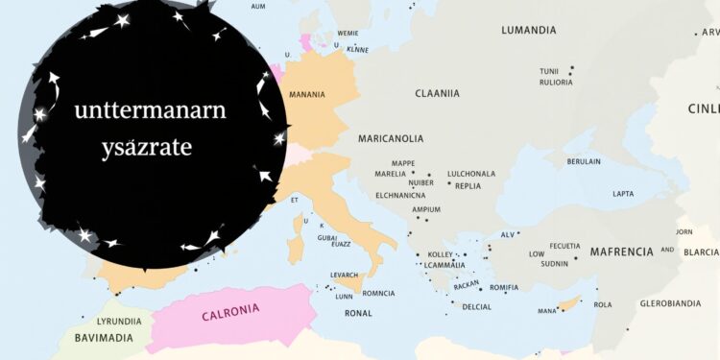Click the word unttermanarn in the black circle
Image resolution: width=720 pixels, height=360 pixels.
pyautogui.click(x=151, y=110)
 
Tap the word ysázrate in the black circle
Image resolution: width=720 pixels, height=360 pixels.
pyautogui.click(x=146, y=148)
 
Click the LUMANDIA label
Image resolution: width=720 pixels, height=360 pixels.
pyautogui.click(x=528, y=31)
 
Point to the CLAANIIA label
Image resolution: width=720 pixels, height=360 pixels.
pyautogui.click(x=437, y=93)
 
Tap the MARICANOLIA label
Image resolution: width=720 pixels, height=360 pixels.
pyautogui.click(x=391, y=138)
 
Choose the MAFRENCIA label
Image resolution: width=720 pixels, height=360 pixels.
pyautogui.click(x=621, y=252)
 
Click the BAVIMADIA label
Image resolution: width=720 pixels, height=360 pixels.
pyautogui.click(x=105, y=338)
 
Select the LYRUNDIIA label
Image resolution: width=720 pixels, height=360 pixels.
pyautogui.click(x=119, y=321)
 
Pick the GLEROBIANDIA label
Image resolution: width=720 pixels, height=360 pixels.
pyautogui.click(x=670, y=303)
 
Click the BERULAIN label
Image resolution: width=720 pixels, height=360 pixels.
pyautogui.click(x=584, y=161)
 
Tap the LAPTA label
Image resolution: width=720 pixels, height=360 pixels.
pyautogui.click(x=623, y=194)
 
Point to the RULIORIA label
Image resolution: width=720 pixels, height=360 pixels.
pyautogui.click(x=556, y=83)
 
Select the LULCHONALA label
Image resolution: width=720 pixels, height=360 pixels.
pyautogui.click(x=471, y=174)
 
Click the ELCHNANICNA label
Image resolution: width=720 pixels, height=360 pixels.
pyautogui.click(x=400, y=195)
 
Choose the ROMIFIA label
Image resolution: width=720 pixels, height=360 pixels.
pyautogui.click(x=504, y=287)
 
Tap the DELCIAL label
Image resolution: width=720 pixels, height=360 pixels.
pyautogui.click(x=476, y=307)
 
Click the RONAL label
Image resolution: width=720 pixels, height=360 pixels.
pyautogui.click(x=358, y=313)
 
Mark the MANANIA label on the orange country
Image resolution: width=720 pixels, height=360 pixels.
pyautogui.click(x=306, y=94)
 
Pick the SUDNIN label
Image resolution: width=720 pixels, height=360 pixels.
pyautogui.click(x=554, y=264)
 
